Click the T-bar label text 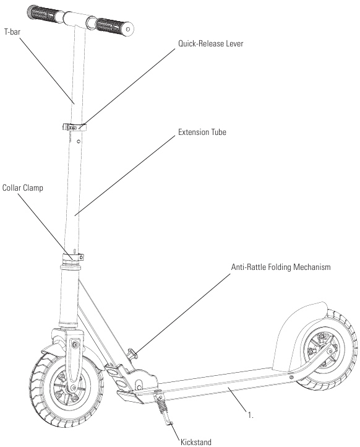click(12, 32)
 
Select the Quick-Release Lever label click(211, 43)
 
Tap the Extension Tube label click(202, 132)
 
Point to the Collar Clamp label click(23, 188)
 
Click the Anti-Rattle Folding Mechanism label click(281, 267)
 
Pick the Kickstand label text click(196, 442)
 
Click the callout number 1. click(251, 415)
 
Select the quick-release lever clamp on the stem click(74, 127)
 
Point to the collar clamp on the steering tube click(74, 257)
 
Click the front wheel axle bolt click(74, 388)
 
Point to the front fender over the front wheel click(54, 349)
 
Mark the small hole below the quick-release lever click(79, 141)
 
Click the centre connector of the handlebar click(75, 19)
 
